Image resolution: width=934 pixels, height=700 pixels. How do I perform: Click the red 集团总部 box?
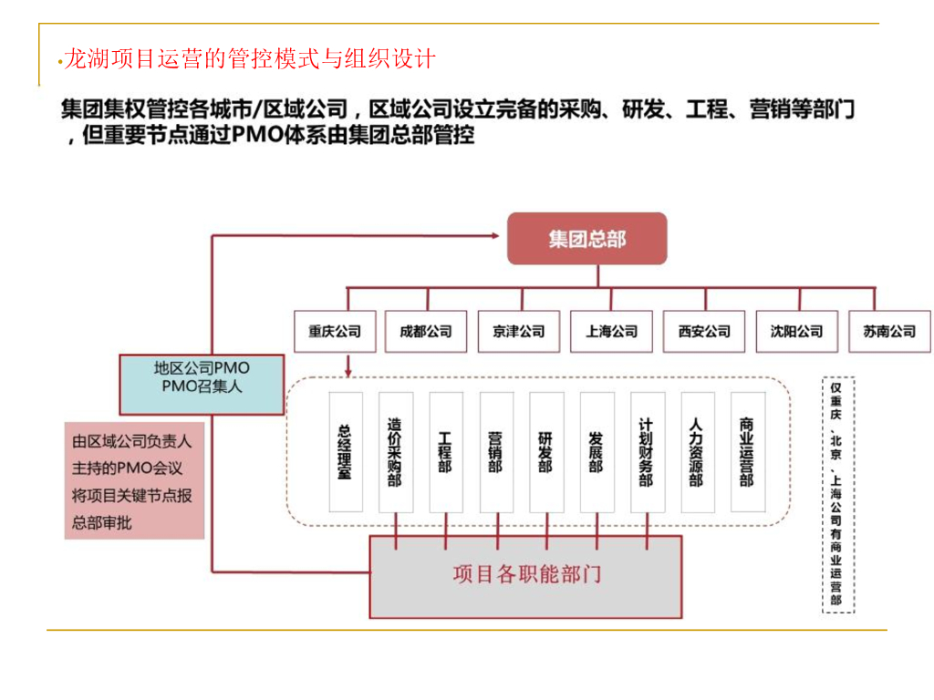pos(587,239)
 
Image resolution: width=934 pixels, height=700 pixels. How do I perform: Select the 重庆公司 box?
pos(334,332)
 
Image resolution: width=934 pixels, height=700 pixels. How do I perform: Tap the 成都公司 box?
pos(426,332)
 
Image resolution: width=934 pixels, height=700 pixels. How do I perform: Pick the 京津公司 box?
pos(518,332)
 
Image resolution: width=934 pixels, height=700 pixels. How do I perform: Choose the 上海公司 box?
pos(611,332)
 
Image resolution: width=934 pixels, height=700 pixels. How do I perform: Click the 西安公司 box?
pos(704,332)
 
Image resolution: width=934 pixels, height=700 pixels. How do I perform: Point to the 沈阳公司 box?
pos(796,332)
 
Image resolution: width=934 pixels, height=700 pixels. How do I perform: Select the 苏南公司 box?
pos(889,332)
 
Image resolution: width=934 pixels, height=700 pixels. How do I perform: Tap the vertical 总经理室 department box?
pos(345,453)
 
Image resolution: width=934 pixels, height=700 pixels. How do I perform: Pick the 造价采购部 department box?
pos(395,453)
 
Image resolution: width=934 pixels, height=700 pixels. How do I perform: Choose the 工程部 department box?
pos(445,453)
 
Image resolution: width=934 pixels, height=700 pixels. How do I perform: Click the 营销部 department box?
pos(495,453)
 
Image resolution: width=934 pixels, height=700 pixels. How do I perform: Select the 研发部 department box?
pos(545,453)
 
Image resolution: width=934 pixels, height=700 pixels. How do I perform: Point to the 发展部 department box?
pos(596,453)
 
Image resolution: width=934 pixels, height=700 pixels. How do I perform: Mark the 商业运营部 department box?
pos(747,453)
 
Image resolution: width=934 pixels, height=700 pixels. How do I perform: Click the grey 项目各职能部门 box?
pos(525,576)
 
